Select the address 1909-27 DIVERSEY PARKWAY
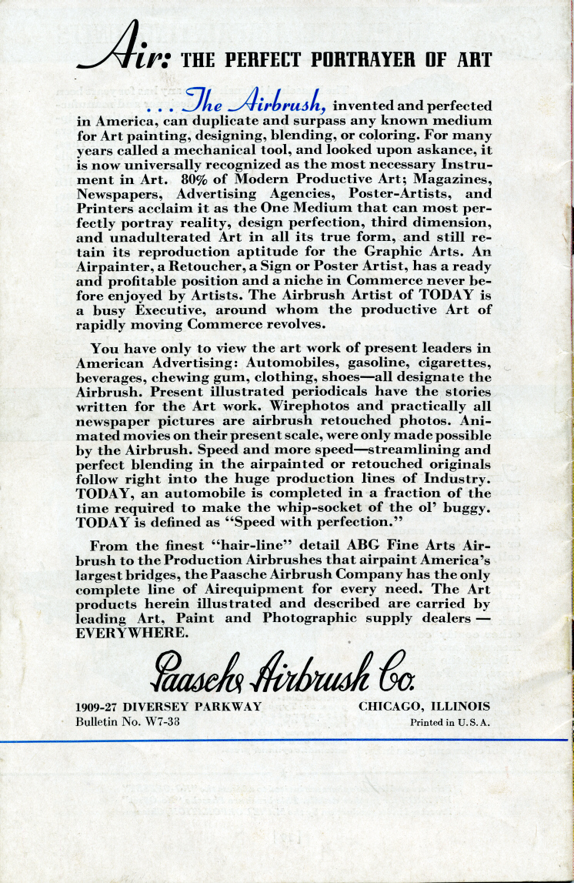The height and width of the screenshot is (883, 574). tap(169, 706)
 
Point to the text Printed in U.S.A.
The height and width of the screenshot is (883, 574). tap(451, 722)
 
